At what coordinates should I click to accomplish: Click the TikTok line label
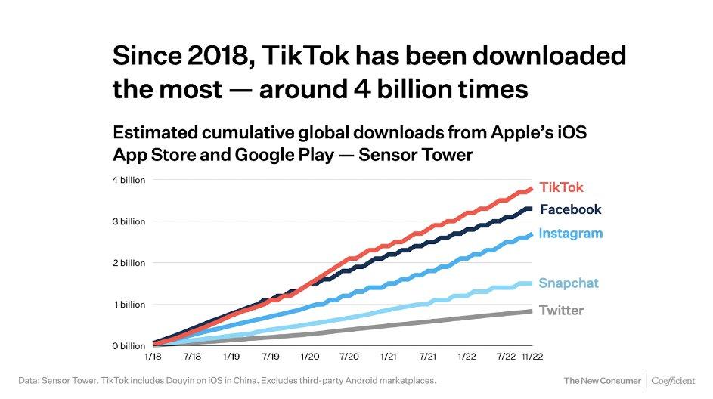click(561, 187)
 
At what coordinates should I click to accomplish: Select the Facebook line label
click(570, 209)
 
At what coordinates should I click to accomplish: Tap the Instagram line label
click(570, 234)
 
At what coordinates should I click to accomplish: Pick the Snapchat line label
click(568, 283)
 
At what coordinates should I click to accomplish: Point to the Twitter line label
click(561, 310)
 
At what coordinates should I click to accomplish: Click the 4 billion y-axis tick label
click(129, 180)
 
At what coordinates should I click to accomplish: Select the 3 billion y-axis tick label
click(129, 221)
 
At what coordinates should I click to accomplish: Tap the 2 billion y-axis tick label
click(129, 263)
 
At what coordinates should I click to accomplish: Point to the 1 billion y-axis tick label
click(129, 305)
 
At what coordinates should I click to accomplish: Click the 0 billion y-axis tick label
click(129, 346)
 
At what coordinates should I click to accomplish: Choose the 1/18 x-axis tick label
click(153, 356)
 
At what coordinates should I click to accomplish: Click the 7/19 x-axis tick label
click(271, 356)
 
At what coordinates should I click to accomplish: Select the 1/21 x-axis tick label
click(389, 356)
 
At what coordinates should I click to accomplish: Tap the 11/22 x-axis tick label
click(532, 356)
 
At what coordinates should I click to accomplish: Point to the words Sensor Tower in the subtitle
click(428, 155)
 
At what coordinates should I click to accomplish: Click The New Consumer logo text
click(601, 379)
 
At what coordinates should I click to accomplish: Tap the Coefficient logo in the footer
click(672, 379)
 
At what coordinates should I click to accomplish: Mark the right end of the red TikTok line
click(532, 188)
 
